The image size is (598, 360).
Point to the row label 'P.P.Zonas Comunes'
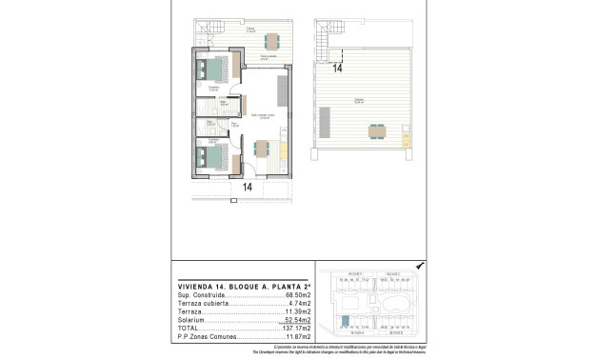(x=206, y=338)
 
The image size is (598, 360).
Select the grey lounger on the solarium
(x=326, y=122)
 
